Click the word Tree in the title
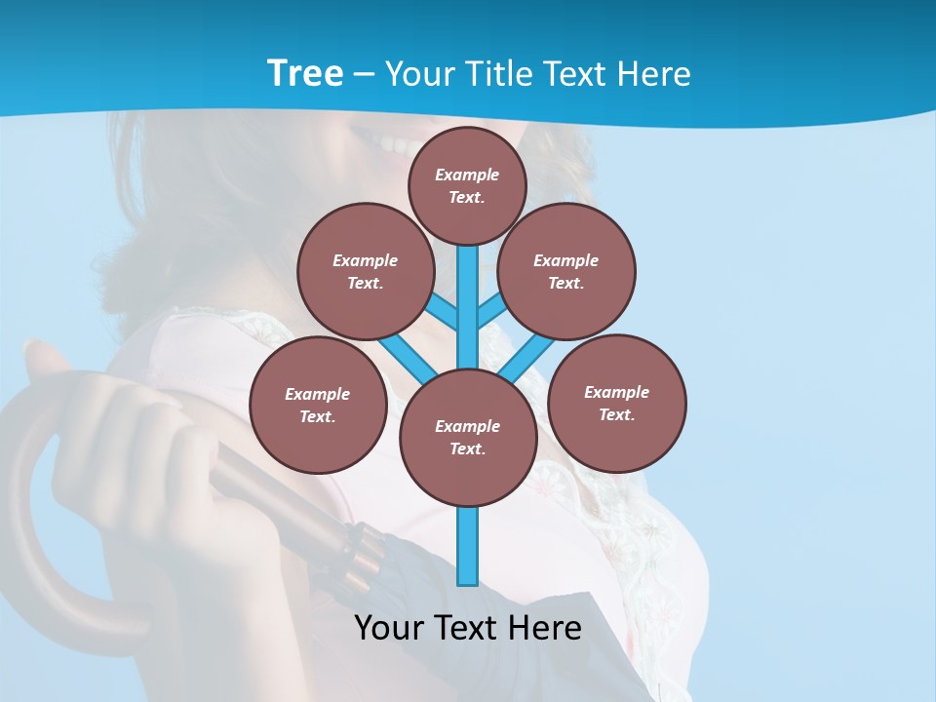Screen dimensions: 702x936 pos(305,73)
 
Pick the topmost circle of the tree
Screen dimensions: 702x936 pos(467,185)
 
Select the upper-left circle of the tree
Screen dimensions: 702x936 pos(366,271)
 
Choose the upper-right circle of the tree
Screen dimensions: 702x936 pos(566,271)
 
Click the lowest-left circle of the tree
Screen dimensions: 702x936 pos(318,405)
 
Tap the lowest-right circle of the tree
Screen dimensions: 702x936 pos(617,403)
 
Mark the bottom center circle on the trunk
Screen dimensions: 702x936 pos(468,437)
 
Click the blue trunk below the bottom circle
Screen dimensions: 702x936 pos(468,546)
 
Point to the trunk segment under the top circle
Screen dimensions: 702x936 pos(468,292)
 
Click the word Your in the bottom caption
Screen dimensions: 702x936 pos(389,628)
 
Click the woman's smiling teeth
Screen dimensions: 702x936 pos(395,146)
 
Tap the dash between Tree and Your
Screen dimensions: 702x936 pos(364,74)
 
